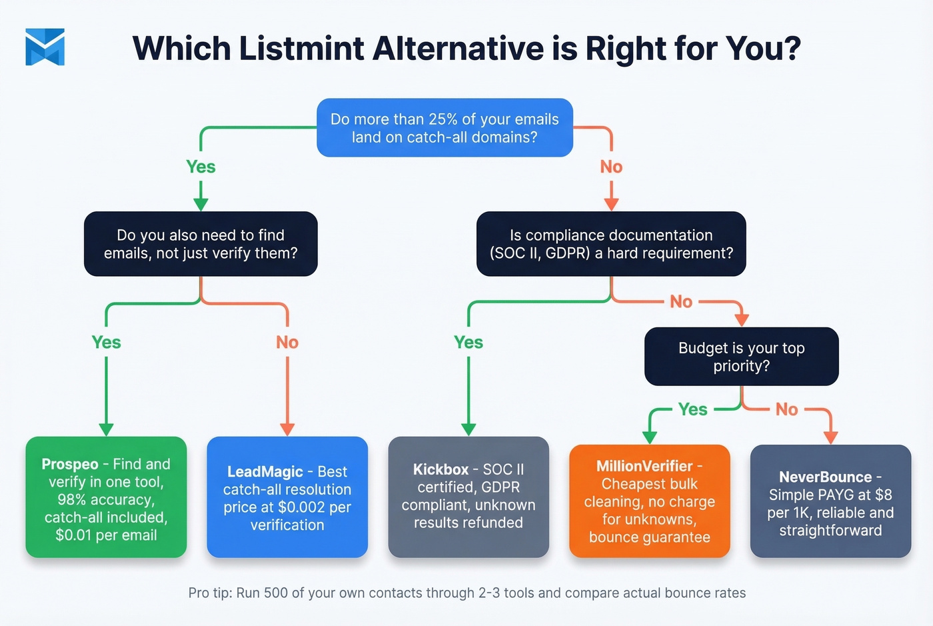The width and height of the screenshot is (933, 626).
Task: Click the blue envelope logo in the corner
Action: [45, 47]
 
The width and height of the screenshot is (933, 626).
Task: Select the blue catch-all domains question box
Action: [445, 128]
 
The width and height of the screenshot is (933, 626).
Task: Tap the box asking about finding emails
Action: [201, 244]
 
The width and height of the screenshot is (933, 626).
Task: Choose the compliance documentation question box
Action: [610, 244]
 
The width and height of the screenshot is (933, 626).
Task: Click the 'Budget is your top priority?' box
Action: [741, 357]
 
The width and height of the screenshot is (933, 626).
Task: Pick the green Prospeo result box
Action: [106, 497]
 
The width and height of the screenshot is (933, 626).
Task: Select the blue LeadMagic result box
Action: [287, 497]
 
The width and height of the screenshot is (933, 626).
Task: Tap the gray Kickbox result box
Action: [468, 497]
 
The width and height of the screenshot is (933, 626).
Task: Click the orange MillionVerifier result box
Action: [649, 501]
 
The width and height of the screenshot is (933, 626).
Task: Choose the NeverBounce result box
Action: [830, 501]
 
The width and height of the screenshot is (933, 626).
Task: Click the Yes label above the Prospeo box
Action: [106, 343]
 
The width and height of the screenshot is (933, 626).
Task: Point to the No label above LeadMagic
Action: [287, 343]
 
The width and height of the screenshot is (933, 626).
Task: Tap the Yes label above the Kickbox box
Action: [468, 343]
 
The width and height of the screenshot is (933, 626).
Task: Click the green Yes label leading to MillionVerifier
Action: [692, 409]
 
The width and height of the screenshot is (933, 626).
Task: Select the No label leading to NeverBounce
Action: [786, 409]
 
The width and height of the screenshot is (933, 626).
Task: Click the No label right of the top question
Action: [611, 167]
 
